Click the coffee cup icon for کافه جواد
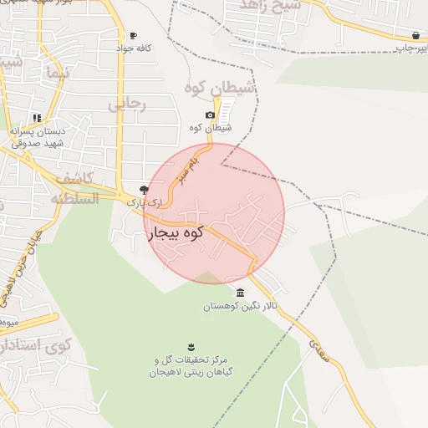133,35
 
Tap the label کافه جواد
134,48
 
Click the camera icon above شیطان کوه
210,115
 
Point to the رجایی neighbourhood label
127,105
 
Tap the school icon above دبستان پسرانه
36,118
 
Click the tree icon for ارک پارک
144,190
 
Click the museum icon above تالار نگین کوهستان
241,293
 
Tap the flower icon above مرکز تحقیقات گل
192,346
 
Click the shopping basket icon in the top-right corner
415,35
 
